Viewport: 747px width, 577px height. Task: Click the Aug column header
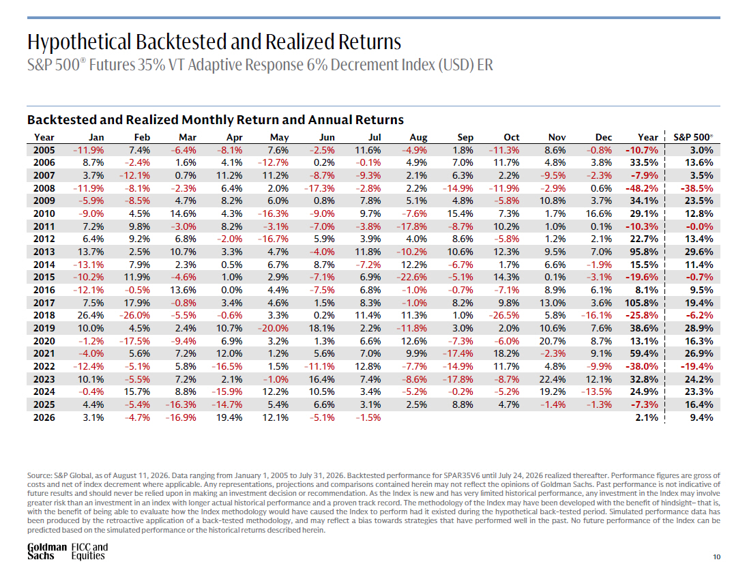[x=418, y=137]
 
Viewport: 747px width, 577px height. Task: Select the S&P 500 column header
[x=693, y=137]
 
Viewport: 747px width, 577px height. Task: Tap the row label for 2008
[x=44, y=188]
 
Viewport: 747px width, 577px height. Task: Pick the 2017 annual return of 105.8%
[x=641, y=303]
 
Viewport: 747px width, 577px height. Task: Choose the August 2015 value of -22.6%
[x=411, y=278]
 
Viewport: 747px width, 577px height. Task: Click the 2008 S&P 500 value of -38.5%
[x=697, y=188]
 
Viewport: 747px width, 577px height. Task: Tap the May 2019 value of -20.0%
[x=273, y=328]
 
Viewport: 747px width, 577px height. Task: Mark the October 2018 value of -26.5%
[x=504, y=315]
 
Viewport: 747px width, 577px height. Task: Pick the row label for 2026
[x=44, y=417]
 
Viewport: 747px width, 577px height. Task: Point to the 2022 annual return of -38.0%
[x=642, y=366]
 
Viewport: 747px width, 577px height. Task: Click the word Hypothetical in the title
[x=79, y=42]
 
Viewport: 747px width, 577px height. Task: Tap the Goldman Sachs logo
[x=47, y=551]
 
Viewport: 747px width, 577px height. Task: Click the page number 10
[x=716, y=557]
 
